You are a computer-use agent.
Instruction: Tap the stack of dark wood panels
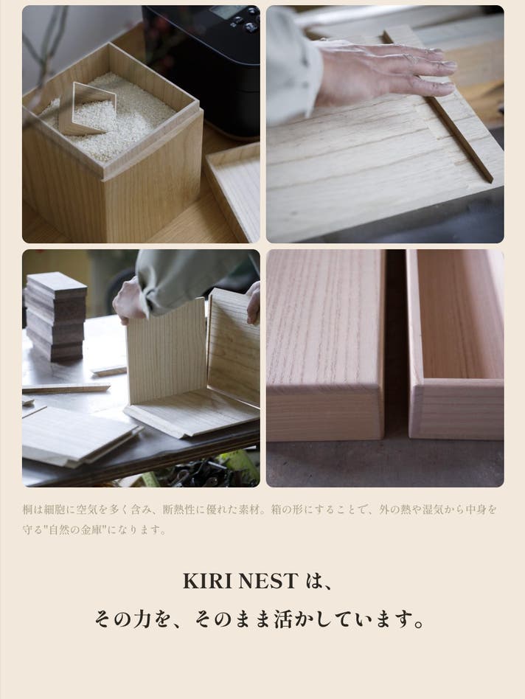(x=55, y=316)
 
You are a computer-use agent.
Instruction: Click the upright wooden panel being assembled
(x=166, y=350)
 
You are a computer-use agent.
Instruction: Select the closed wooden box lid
(x=325, y=346)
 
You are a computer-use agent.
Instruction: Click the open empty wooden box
(x=456, y=346)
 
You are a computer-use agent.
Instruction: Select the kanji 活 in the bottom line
(x=283, y=619)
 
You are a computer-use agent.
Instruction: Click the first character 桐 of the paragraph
(x=27, y=510)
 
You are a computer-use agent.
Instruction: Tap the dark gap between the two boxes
(x=396, y=344)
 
